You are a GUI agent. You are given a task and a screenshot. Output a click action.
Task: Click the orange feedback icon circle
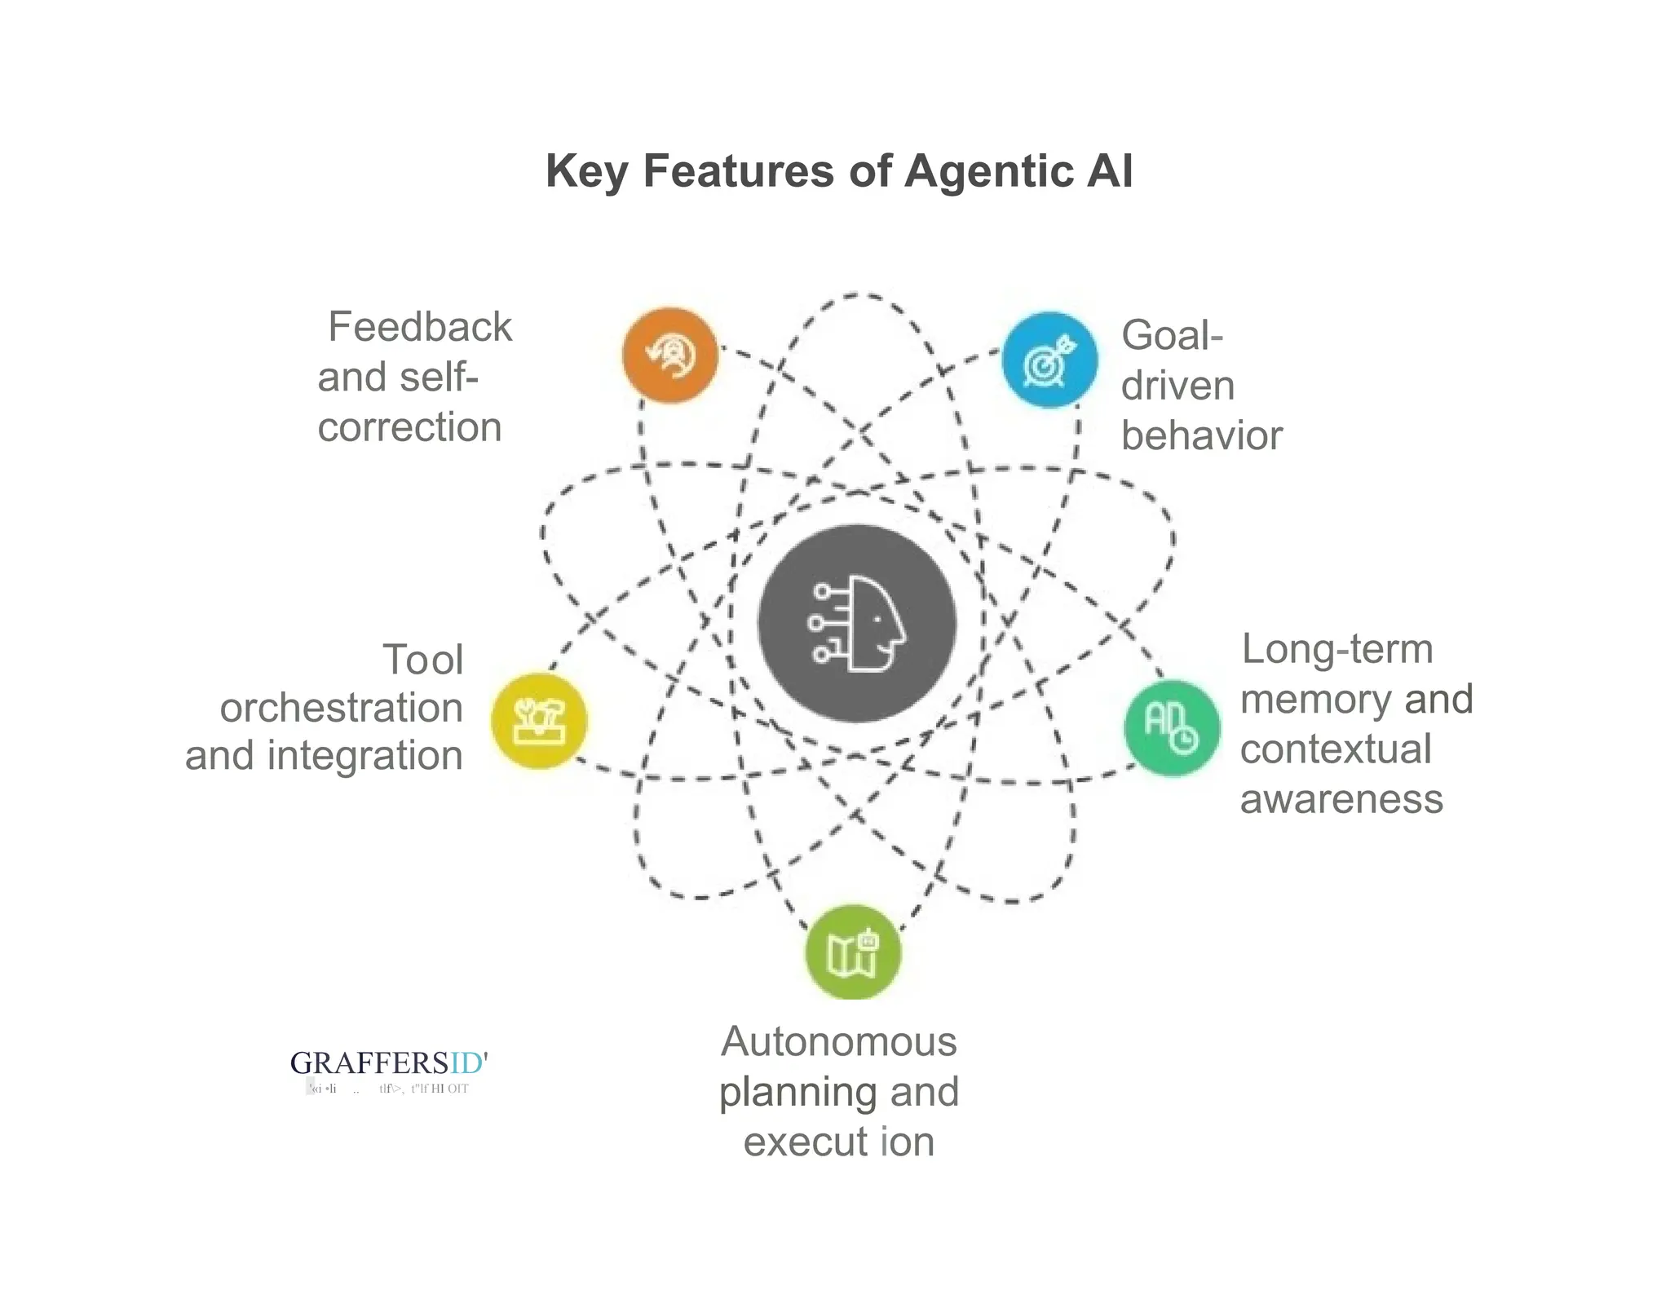669,356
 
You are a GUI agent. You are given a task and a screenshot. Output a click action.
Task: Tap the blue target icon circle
1049,360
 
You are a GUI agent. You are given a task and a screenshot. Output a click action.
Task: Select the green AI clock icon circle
1172,727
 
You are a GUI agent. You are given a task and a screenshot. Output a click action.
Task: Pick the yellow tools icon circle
539,721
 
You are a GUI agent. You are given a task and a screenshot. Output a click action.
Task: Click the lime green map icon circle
853,952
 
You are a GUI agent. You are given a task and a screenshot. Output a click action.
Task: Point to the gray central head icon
856,624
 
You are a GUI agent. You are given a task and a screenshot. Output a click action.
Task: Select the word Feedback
420,327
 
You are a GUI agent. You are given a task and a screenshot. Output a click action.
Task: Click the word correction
409,427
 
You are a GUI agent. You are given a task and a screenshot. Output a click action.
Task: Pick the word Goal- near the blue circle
1172,335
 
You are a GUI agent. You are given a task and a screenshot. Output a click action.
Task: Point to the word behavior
1201,435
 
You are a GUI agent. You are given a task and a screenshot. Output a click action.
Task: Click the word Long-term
1336,649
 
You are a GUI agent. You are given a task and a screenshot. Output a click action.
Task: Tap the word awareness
1341,799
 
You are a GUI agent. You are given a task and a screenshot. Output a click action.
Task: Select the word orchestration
341,708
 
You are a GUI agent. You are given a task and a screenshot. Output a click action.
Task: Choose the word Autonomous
838,1041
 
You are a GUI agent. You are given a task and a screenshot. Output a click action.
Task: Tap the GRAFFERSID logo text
388,1062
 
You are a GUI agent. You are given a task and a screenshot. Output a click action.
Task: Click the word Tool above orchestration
422,660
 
